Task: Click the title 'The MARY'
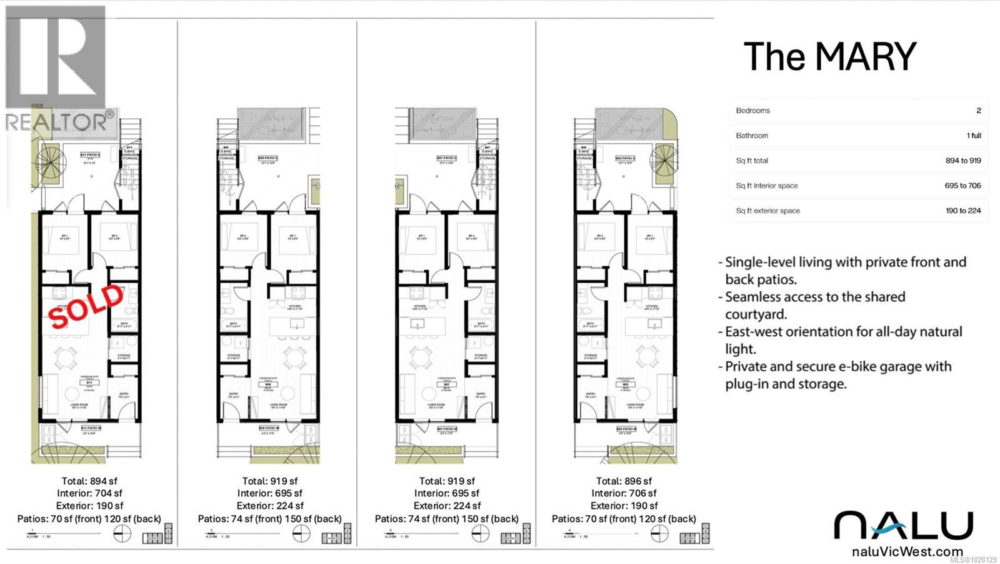829,57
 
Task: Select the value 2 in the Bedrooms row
978,111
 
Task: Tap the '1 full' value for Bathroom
973,136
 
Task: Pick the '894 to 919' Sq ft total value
962,161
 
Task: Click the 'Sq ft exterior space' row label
767,211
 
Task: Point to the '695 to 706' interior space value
962,186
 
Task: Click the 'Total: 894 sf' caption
89,481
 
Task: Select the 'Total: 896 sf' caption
624,481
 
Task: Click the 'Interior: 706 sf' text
624,493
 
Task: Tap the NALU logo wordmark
903,526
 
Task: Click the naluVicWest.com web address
907,551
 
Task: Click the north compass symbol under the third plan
480,533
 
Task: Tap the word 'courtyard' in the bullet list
756,315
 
